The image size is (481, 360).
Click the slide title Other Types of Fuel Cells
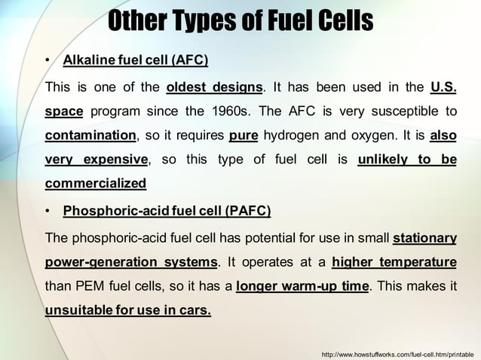pos(240,20)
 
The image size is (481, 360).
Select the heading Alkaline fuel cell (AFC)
pos(136,59)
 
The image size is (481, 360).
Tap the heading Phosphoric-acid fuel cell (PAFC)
pos(167,210)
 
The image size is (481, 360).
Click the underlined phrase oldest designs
pos(214,87)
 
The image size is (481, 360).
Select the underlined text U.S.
pos(443,87)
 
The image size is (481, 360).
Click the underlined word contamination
pos(90,136)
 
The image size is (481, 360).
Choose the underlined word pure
pos(243,136)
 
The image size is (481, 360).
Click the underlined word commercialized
pos(96,183)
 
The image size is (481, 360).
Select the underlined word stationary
pos(424,238)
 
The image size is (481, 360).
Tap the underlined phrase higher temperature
pos(394,262)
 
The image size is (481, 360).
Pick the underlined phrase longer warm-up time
pos(302,286)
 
